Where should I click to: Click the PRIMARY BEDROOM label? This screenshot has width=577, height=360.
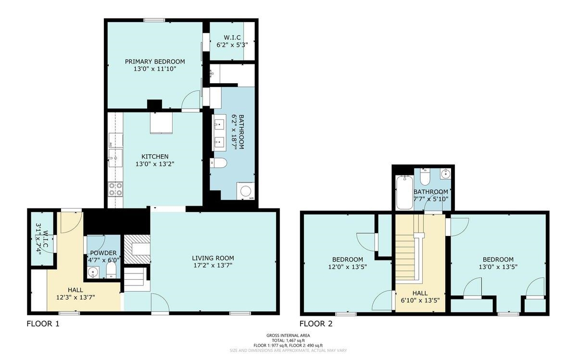click(155, 62)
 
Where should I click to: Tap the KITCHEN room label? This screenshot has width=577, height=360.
click(155, 156)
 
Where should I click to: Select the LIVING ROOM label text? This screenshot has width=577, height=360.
click(213, 258)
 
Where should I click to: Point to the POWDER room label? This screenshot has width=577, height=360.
click(103, 253)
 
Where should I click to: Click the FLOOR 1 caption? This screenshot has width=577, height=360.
click(43, 323)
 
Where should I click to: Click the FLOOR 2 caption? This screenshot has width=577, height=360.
click(316, 323)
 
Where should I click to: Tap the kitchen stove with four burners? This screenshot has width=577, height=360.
click(115, 189)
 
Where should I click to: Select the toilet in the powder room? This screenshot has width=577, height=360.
click(111, 271)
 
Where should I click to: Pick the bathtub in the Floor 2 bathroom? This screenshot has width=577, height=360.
click(405, 192)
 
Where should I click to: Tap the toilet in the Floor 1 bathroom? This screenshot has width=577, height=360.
click(218, 163)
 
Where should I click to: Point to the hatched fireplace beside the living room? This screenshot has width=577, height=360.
click(137, 249)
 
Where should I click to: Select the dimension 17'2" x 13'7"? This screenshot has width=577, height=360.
click(213, 265)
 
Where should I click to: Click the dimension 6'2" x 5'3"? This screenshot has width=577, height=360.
click(232, 45)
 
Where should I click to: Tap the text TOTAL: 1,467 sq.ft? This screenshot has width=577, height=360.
click(288, 340)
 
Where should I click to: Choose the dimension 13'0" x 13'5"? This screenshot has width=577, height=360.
click(498, 267)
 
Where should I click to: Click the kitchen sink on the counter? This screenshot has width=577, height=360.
click(115, 158)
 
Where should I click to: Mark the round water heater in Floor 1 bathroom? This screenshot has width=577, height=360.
click(246, 191)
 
